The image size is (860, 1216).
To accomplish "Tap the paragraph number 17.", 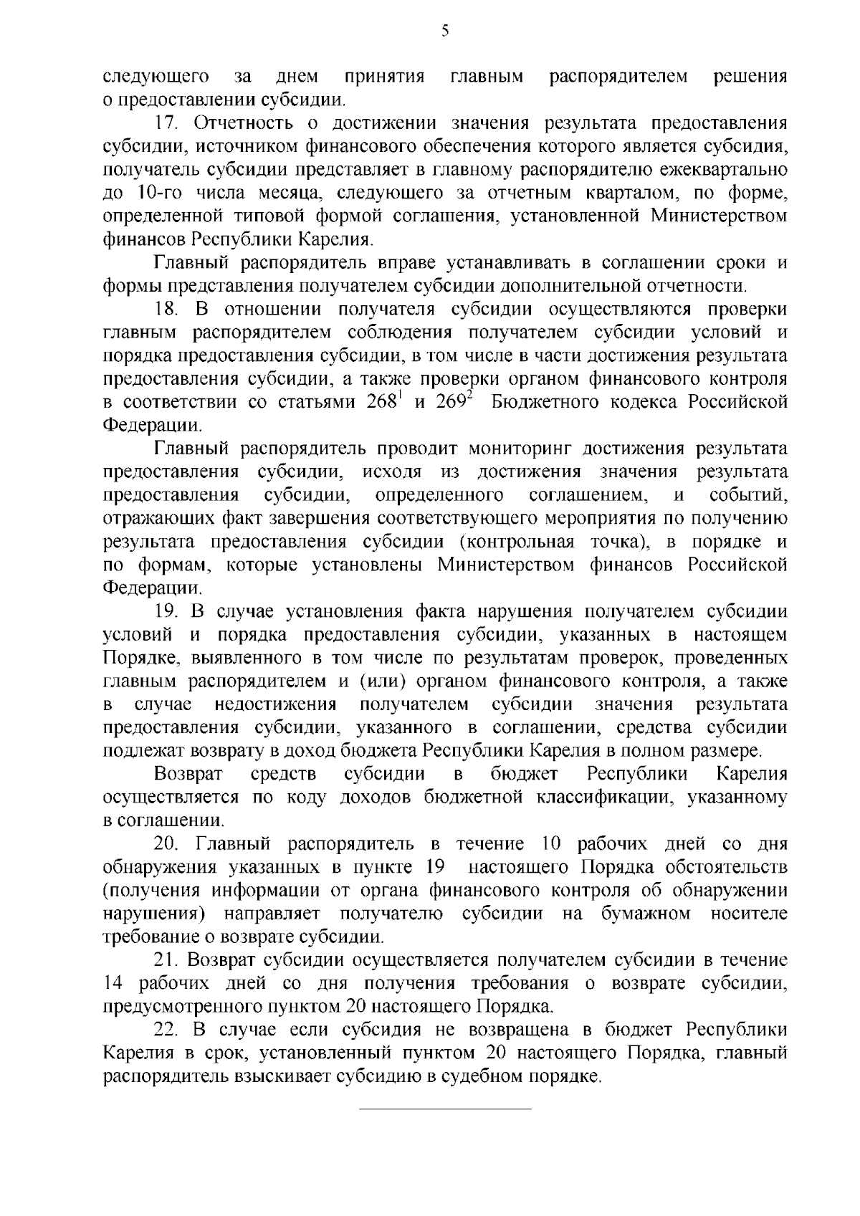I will point(167,123).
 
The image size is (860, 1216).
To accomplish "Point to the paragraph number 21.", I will point(167,959).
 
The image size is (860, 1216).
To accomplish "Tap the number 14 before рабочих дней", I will point(115,983).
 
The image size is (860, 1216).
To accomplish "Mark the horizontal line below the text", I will point(444,1109).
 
